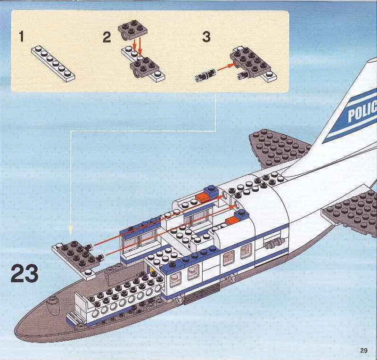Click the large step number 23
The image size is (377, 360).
click(25, 273)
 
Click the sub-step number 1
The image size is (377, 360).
click(22, 37)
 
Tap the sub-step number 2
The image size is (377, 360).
click(107, 37)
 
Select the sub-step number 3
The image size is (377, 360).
click(206, 37)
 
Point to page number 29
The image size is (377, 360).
click(364, 350)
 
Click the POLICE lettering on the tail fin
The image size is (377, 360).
click(362, 111)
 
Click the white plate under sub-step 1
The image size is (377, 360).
click(53, 64)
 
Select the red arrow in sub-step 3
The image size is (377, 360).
click(226, 66)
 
